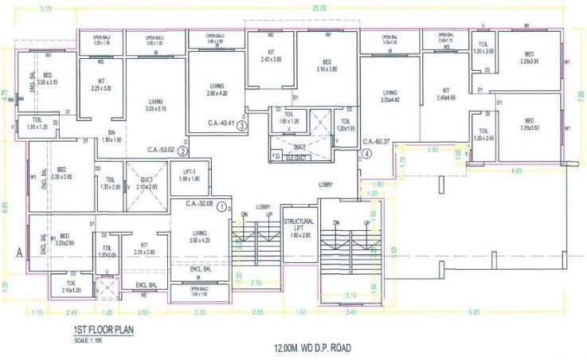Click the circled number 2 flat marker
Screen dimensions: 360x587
[x=183, y=150]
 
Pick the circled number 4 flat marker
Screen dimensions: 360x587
[x=366, y=152]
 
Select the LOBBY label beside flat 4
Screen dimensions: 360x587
[x=326, y=185]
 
